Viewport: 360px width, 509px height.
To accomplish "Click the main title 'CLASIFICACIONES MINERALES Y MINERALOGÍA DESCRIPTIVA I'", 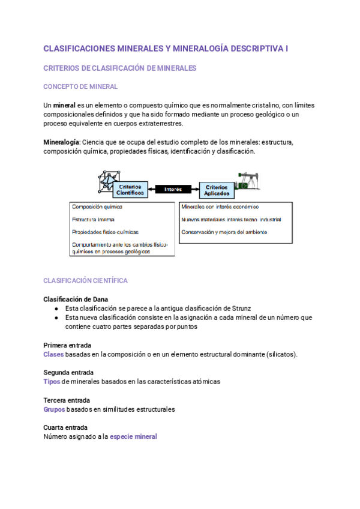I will point(166,49).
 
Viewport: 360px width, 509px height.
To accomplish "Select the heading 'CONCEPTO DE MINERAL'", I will point(80,87).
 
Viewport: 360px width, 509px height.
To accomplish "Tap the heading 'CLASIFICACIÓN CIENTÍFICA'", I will point(85,280).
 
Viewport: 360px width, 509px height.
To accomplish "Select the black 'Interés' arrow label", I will point(173,189).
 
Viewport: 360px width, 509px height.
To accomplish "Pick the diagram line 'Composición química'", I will point(97,206).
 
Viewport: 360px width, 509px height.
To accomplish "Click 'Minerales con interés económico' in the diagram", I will point(220,206).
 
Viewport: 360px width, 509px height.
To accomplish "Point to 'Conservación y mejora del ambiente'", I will point(224,232).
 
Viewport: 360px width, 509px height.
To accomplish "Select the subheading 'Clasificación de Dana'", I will point(76,299).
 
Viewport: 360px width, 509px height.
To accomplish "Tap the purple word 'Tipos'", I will point(52,381).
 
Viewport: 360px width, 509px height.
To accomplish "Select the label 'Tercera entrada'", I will point(67,400).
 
